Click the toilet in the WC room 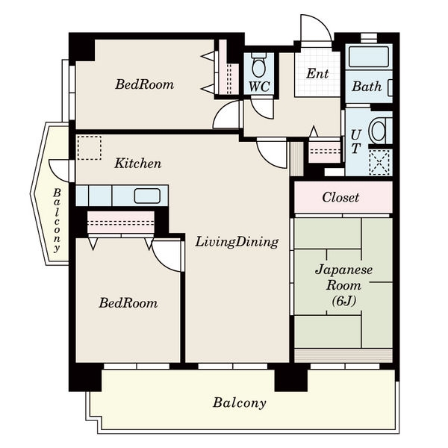pyautogui.click(x=259, y=65)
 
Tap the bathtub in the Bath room pyautogui.click(x=369, y=57)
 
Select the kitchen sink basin pyautogui.click(x=147, y=196)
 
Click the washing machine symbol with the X pyautogui.click(x=379, y=162)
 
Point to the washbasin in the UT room pyautogui.click(x=379, y=131)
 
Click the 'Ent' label pyautogui.click(x=317, y=74)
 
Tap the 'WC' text pyautogui.click(x=259, y=87)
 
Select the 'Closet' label pyautogui.click(x=340, y=197)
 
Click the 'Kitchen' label pyautogui.click(x=138, y=164)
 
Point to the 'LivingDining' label pyautogui.click(x=237, y=242)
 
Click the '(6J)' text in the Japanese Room pyautogui.click(x=343, y=301)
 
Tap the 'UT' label pyautogui.click(x=356, y=141)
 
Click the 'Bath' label pyautogui.click(x=367, y=87)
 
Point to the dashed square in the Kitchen pyautogui.click(x=90, y=148)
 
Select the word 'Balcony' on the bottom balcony pyautogui.click(x=240, y=403)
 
